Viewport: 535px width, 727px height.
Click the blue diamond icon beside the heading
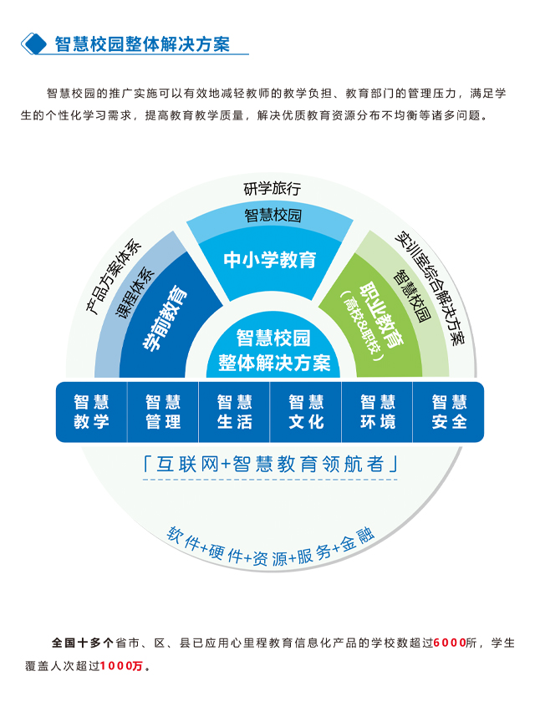point(34,44)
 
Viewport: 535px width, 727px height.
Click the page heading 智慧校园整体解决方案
point(142,44)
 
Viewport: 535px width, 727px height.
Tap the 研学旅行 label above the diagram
point(272,187)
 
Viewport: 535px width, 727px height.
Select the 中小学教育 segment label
point(270,260)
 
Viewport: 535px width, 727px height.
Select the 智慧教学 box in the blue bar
point(91,411)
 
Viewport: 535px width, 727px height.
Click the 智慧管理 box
point(163,411)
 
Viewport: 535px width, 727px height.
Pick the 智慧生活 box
point(234,411)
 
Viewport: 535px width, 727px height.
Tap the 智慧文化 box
point(306,411)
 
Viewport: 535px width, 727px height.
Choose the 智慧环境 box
point(378,411)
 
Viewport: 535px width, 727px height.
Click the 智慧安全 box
point(449,411)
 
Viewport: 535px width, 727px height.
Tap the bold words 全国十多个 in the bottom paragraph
point(82,643)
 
